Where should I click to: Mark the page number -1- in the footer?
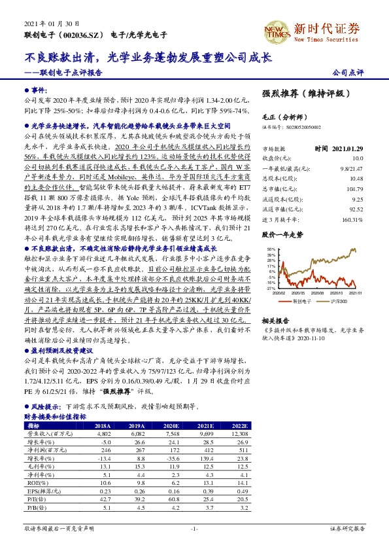[x=194, y=529]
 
